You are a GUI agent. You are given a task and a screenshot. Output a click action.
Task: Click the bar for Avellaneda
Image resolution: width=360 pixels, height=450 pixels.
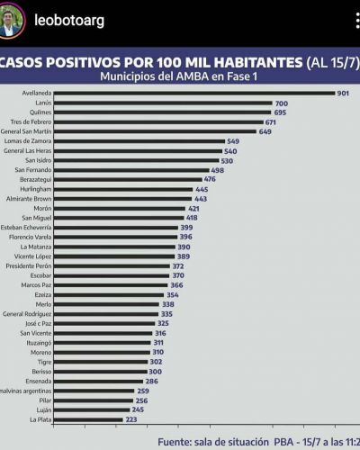[194, 94]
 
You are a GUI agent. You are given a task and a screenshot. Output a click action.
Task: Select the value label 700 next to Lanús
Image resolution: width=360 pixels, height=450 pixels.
[282, 103]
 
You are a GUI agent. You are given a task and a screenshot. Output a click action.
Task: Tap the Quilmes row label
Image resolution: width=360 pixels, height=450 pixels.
[40, 112]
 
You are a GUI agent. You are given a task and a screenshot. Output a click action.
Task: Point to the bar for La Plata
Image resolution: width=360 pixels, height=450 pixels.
[88, 419]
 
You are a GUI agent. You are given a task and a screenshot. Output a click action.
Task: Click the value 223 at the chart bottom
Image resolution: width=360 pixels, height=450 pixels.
[131, 419]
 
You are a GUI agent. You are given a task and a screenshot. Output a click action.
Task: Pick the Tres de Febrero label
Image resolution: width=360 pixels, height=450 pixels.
[31, 121]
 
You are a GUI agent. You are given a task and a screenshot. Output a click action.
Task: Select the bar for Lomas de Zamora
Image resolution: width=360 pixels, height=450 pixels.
[139, 141]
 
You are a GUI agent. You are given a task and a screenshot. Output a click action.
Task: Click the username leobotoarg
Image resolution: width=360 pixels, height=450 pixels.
[69, 21]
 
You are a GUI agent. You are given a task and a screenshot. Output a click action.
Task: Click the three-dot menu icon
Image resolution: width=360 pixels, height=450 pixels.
[357, 21]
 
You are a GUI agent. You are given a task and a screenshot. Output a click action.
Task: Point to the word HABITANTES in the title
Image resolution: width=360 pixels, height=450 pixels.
[258, 62]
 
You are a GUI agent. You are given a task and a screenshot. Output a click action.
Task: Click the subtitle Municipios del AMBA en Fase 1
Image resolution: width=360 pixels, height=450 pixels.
[179, 76]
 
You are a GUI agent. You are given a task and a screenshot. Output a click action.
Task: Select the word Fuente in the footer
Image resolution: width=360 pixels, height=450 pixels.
[175, 442]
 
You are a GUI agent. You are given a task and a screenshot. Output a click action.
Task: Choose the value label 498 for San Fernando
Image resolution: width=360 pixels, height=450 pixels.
[218, 170]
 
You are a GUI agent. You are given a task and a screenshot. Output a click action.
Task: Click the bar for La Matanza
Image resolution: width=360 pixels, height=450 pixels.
[114, 247]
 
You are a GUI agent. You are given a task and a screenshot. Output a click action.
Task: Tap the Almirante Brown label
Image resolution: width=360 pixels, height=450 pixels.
[29, 199]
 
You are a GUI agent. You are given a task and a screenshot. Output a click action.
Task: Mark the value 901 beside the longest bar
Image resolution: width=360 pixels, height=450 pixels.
[343, 94]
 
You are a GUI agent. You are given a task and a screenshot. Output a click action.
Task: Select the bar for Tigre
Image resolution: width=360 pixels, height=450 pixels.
[101, 362]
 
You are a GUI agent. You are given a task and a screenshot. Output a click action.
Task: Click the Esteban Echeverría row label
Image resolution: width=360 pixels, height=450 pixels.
[26, 228]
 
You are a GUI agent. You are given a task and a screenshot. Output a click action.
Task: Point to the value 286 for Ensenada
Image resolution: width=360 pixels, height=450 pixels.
[152, 382]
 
